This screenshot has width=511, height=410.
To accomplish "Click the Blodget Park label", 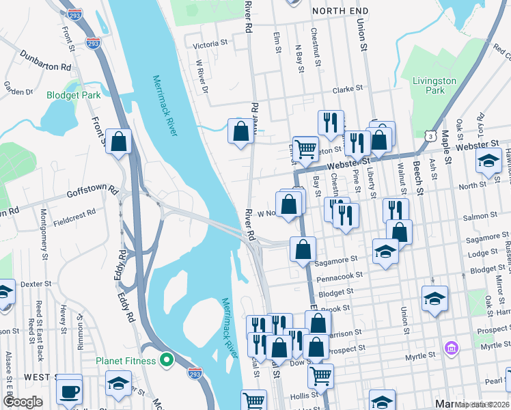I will (73, 96).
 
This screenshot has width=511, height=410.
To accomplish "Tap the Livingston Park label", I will (434, 85).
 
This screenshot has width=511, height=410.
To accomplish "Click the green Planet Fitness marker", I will (166, 359).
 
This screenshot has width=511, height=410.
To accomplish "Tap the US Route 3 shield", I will (430, 137).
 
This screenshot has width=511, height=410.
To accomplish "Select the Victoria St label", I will (210, 44).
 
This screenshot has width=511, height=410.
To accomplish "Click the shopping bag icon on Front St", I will (118, 141).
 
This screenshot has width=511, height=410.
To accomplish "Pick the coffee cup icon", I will (69, 392).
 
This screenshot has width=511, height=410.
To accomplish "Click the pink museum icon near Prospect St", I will (450, 348).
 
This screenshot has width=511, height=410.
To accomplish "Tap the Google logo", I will (22, 402).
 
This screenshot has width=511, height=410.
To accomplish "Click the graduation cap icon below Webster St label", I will (488, 161).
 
